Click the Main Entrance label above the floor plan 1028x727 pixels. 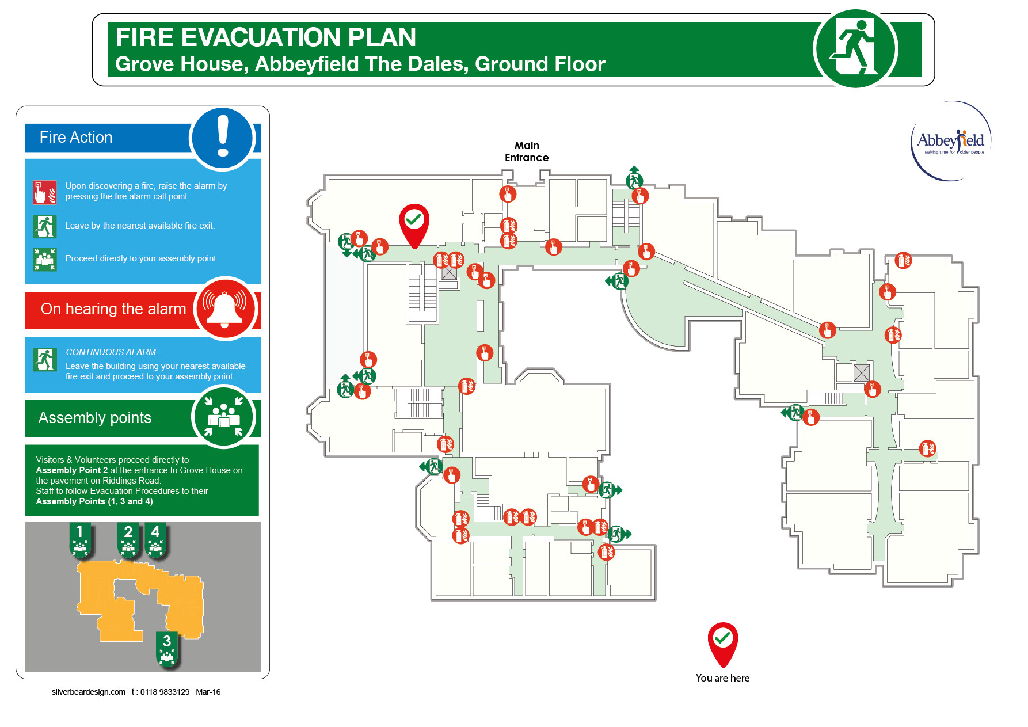click(526, 151)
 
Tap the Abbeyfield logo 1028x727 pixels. click(950, 141)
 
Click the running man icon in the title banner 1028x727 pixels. click(855, 48)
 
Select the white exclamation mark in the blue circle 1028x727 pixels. click(223, 137)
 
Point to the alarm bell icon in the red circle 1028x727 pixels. click(225, 309)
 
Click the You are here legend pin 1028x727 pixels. click(722, 644)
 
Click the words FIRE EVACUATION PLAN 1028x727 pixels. click(265, 37)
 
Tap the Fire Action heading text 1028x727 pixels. click(76, 138)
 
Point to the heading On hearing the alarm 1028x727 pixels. click(113, 309)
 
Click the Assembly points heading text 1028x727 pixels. click(95, 418)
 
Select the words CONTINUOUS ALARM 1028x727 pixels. click(112, 352)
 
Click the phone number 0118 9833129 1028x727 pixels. click(165, 692)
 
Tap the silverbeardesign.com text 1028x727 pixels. click(89, 692)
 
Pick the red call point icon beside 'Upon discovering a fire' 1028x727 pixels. click(44, 192)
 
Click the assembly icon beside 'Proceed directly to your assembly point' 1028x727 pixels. click(44, 259)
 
